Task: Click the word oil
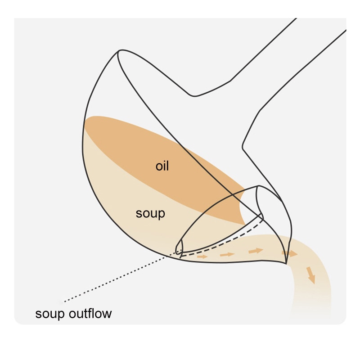[x=162, y=166]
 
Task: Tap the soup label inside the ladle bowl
[x=150, y=214]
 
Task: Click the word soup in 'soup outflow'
[x=50, y=314]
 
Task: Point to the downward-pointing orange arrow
[x=311, y=275]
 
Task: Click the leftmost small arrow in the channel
[x=202, y=256]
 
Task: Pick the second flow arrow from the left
[x=227, y=254]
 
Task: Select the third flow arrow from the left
[x=256, y=251]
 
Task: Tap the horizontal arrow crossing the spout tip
[x=289, y=253]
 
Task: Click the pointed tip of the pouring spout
[x=286, y=264]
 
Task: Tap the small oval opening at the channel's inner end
[x=179, y=247]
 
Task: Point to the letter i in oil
[x=164, y=166]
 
